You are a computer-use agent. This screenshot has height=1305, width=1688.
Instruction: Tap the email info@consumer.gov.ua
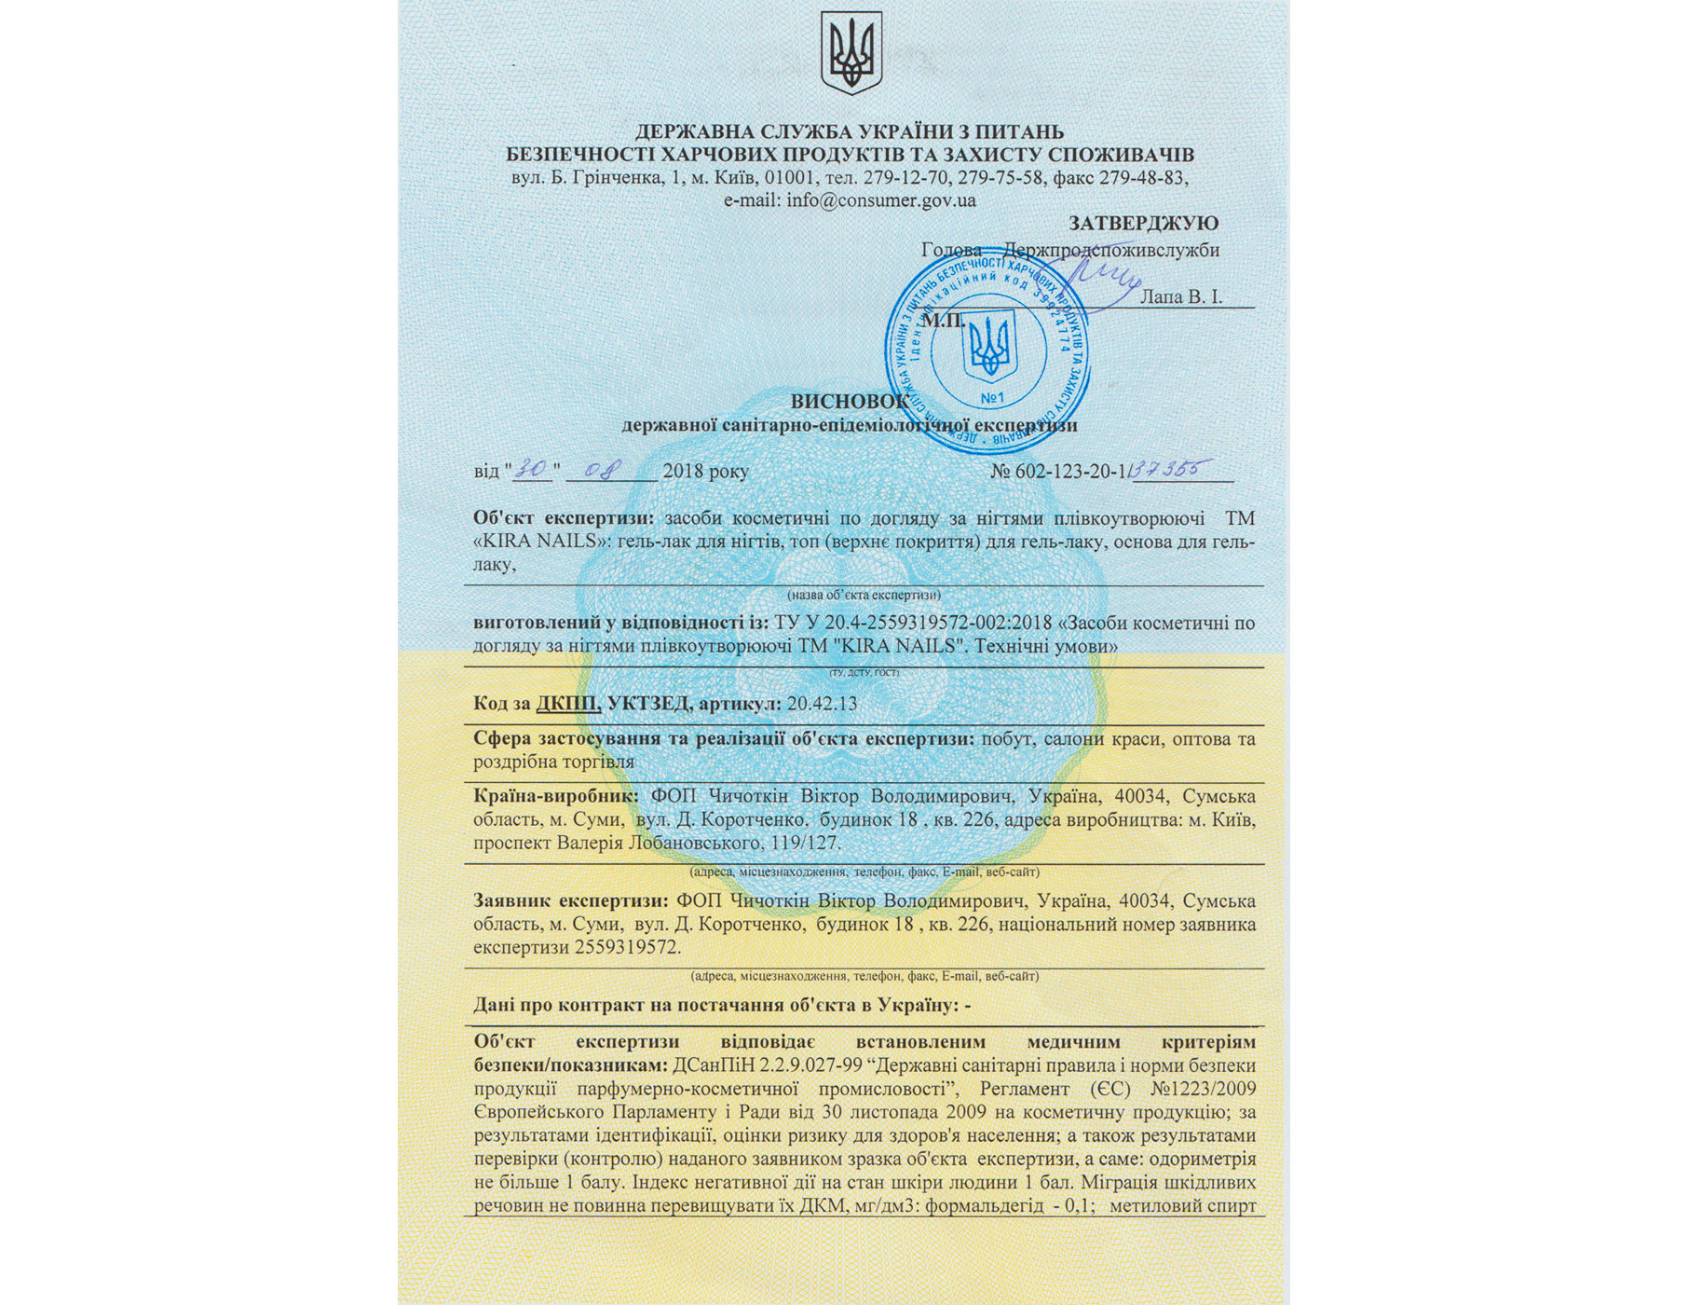[x=880, y=200]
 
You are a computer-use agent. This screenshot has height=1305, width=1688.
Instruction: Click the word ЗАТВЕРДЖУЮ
[x=1143, y=224]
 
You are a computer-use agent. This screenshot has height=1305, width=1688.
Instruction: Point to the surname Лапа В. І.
[x=1181, y=297]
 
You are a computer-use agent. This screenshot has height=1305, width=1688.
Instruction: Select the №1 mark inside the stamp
[x=992, y=399]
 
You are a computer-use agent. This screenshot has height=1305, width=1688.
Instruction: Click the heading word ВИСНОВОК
[x=849, y=402]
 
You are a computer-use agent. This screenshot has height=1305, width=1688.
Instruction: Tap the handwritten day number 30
[x=533, y=469]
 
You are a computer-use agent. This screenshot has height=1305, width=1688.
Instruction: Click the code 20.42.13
[x=822, y=704]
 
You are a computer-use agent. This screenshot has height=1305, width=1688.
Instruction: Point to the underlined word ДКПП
[x=568, y=704]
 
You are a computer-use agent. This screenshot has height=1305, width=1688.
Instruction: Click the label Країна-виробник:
[x=555, y=797]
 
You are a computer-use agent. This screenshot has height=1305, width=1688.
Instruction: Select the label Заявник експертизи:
[x=570, y=901]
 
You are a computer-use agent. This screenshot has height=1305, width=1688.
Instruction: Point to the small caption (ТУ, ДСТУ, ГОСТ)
[x=864, y=673]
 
